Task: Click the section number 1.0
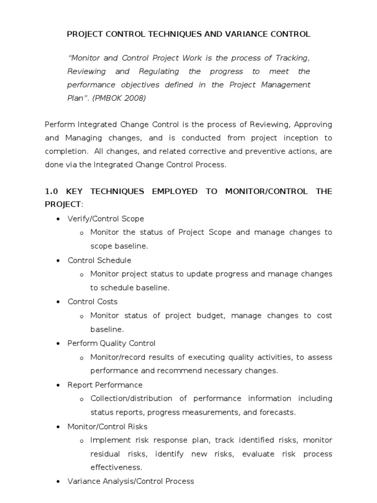[52, 191]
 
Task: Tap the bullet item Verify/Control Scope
[106, 219]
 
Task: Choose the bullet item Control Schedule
[99, 260]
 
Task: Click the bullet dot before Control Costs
[59, 302]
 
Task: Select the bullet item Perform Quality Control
[111, 343]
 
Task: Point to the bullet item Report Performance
[105, 385]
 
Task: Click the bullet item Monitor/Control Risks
[107, 426]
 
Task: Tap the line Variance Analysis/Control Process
[131, 481]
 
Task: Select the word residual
[105, 454]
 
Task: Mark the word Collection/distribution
[131, 398]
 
